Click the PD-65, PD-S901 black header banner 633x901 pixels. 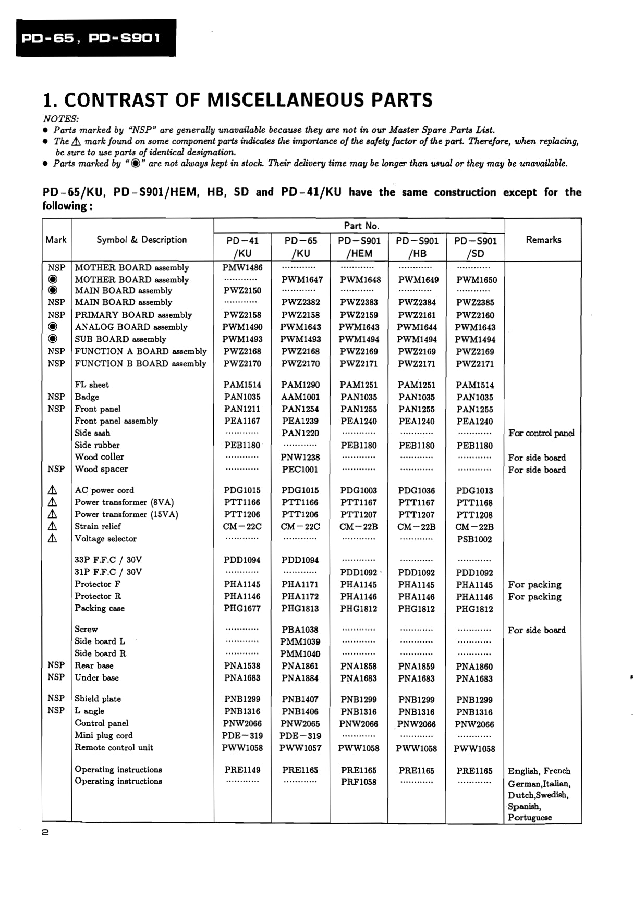(96, 38)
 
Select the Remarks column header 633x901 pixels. (543, 240)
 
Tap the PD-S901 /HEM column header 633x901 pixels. (359, 247)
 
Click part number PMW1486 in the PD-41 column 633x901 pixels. (242, 267)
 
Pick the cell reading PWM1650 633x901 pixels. (476, 280)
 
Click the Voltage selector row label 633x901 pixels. (105, 539)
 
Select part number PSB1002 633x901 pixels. (474, 539)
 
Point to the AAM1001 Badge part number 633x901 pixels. (300, 397)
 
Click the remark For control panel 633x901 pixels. (541, 433)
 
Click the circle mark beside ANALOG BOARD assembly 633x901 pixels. (53, 327)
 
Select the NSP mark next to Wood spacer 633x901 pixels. (56, 469)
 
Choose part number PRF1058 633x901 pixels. (358, 782)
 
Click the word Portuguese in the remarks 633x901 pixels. (530, 818)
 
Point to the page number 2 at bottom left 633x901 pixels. (45, 833)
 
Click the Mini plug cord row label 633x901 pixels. (103, 735)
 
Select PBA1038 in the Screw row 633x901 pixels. (300, 630)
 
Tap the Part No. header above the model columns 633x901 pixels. (361, 226)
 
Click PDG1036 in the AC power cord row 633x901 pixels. (416, 491)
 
